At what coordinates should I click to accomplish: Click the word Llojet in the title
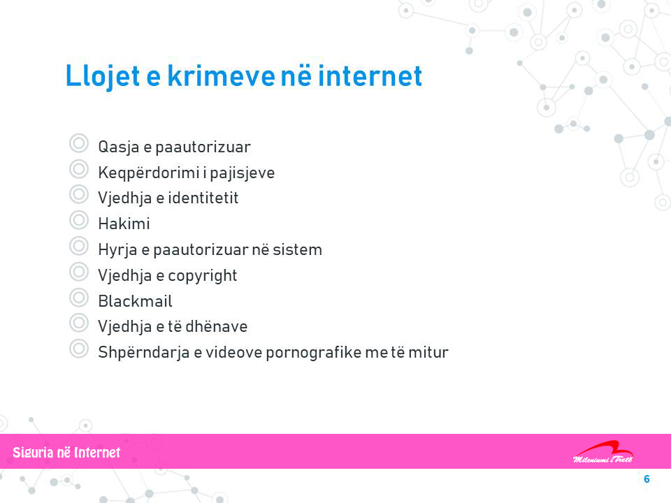coord(103,77)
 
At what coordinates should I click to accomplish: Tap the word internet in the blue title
coord(370,75)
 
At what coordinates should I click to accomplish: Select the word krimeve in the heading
coord(221,75)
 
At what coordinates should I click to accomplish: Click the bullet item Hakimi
coord(124,224)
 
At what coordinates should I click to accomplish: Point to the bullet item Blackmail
coord(135,300)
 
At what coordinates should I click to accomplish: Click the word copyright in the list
coord(203,276)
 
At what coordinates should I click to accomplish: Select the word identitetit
coord(203,198)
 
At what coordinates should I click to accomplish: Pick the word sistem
coord(298,249)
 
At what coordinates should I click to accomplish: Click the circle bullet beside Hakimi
coord(79,220)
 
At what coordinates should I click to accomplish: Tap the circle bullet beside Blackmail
coord(79,298)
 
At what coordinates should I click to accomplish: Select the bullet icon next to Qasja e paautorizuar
coord(79,143)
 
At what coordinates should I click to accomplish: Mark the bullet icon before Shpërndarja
coord(79,349)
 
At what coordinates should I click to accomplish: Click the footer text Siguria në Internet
coord(66,453)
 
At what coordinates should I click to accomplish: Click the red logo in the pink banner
coord(603,452)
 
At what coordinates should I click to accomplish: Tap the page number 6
coord(647,479)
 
